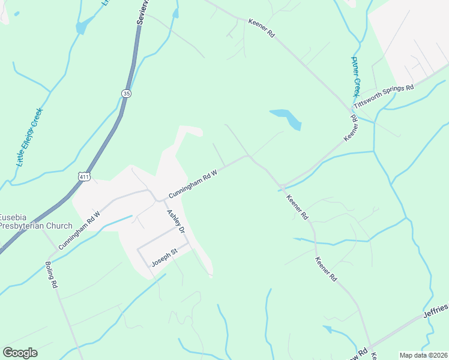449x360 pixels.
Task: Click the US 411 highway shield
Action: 83,175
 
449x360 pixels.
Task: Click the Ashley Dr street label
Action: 176,221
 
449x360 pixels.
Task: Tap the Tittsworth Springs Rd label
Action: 384,96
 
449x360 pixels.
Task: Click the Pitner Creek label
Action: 355,77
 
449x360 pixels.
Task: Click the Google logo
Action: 20,353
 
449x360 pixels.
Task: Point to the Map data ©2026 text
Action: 423,355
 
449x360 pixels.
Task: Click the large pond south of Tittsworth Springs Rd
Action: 286,118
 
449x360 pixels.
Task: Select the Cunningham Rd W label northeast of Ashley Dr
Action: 192,183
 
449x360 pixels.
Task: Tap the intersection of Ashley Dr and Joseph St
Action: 188,243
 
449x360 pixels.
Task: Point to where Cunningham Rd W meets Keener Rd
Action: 249,157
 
